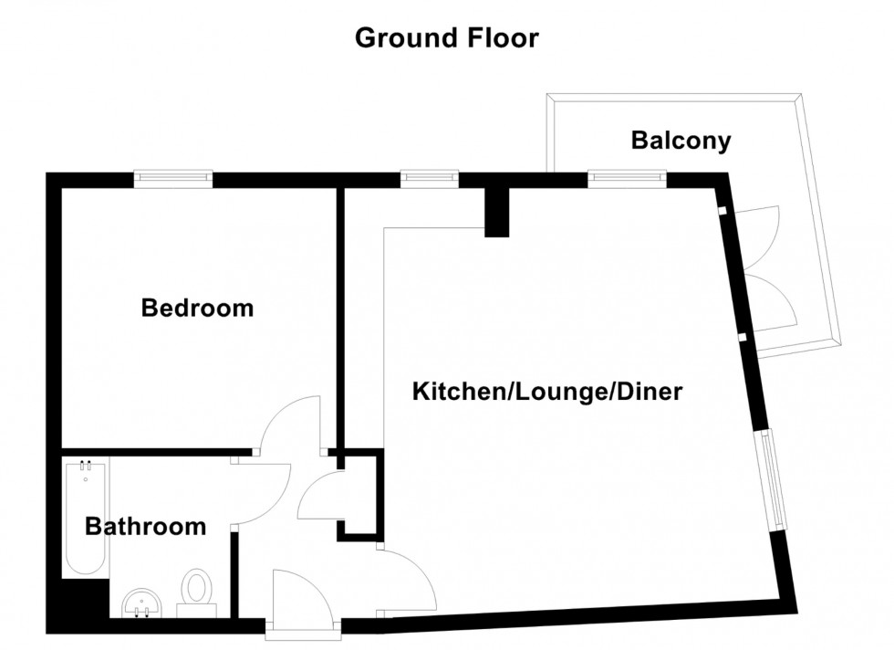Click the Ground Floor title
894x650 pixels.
(446, 38)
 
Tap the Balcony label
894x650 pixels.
(681, 141)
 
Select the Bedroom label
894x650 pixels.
(197, 309)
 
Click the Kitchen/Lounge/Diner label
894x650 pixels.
(547, 393)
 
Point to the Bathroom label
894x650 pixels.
(145, 527)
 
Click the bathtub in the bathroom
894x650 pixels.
(85, 519)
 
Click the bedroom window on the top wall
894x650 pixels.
(173, 179)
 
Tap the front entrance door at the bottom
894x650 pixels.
(305, 598)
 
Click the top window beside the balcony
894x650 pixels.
(626, 179)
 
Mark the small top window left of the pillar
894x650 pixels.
(428, 179)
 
